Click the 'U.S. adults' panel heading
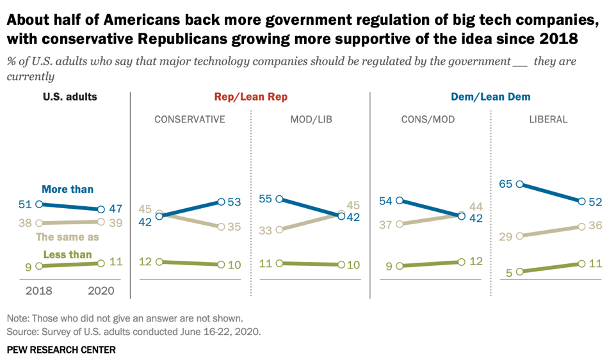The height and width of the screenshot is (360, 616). [x=70, y=97]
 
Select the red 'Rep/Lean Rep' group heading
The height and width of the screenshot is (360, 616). [x=250, y=97]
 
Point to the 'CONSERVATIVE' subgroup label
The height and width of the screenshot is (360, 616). [x=190, y=119]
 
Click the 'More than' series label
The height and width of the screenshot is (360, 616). [x=67, y=189]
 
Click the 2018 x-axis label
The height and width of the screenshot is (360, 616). [x=39, y=290]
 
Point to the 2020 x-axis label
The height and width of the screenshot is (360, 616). [x=100, y=290]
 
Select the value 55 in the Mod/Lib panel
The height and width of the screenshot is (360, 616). [x=265, y=199]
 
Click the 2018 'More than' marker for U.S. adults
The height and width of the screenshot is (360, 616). [x=39, y=204]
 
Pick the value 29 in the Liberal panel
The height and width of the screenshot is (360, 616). [x=506, y=236]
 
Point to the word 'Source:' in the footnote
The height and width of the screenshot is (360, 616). [x=22, y=332]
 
